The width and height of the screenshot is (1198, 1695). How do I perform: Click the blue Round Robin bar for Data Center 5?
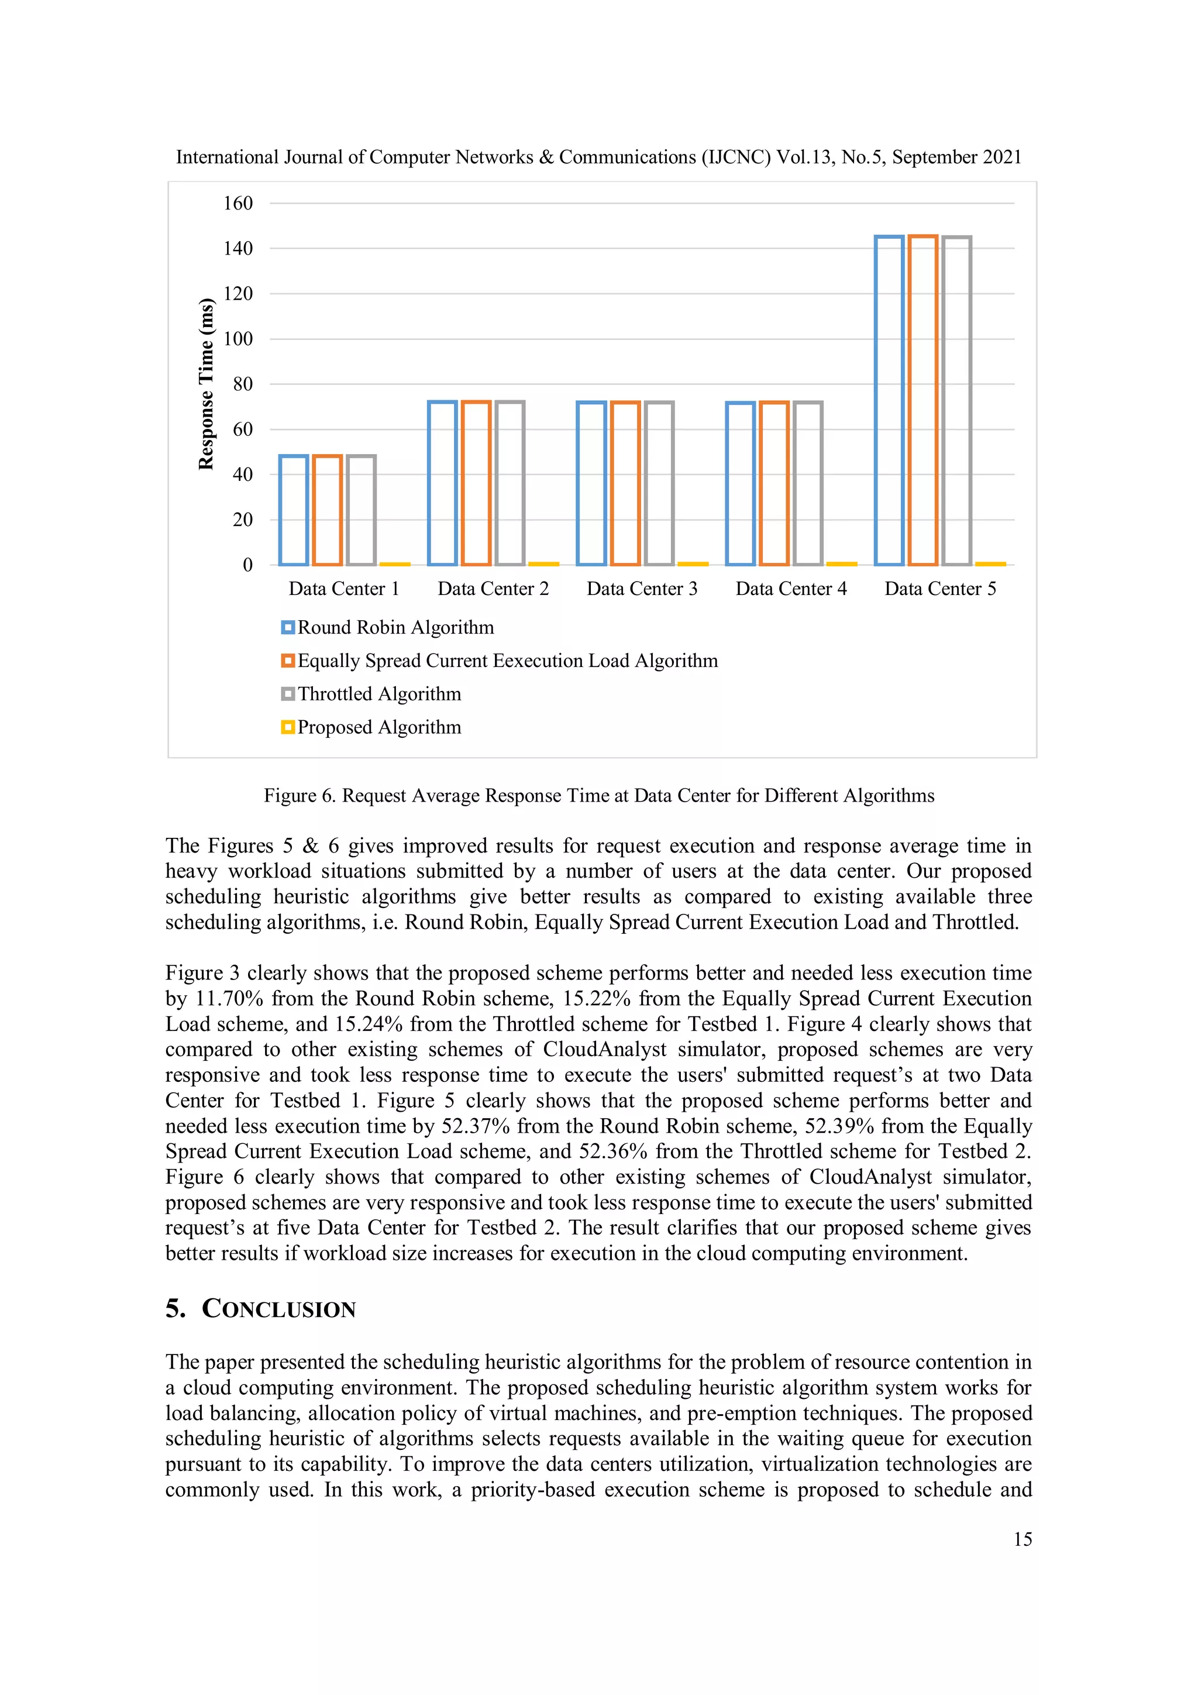coord(889,400)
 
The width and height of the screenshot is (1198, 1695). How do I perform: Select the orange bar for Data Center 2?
coord(476,483)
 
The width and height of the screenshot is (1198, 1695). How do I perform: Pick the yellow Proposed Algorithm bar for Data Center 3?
coord(693,563)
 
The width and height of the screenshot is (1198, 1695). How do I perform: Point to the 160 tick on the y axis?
coord(237,203)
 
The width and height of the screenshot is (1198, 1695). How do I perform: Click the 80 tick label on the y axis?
coord(242,384)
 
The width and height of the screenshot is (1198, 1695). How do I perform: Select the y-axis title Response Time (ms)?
coord(206,384)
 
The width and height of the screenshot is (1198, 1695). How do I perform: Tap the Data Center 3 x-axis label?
coord(642,589)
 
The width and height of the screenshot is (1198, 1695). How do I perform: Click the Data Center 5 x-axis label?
coord(939,589)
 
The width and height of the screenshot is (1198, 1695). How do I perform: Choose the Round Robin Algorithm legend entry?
coord(395,627)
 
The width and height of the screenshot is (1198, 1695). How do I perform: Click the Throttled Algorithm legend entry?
coord(378,694)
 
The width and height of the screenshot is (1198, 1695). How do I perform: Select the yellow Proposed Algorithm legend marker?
coord(288,727)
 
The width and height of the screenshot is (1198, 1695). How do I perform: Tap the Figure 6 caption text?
coord(598,795)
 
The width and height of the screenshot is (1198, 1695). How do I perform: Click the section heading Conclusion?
coord(278,1309)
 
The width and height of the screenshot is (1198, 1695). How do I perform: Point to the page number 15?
coord(1023,1539)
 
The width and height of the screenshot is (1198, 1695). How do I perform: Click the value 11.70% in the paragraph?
coord(229,999)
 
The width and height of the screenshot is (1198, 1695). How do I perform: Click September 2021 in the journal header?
coord(956,157)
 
